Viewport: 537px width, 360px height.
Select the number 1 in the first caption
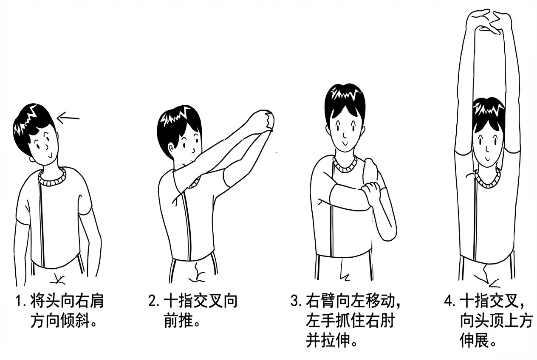19,302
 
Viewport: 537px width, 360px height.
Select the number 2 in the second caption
153,302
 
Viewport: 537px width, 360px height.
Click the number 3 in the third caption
295,302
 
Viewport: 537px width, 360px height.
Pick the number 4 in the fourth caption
449,302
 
